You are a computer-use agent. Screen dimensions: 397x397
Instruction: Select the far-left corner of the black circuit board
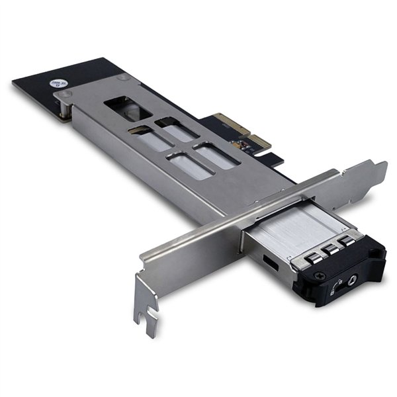click(15, 83)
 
